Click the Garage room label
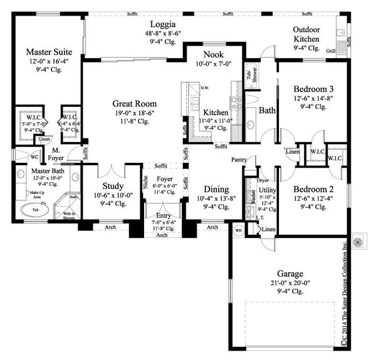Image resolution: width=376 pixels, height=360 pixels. tap(288, 274)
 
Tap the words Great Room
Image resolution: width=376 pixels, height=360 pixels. tap(134, 103)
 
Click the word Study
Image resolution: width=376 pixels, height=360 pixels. tap(112, 186)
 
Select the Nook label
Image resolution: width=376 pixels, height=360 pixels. tap(213, 54)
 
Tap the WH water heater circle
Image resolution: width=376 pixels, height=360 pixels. tap(238, 230)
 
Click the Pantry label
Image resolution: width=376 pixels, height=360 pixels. tap(238, 160)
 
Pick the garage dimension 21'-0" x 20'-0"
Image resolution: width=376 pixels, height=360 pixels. tap(288, 283)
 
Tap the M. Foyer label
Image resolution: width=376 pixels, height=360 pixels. tap(56, 154)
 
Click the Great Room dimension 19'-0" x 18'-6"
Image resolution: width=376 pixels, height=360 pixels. tap(134, 113)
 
